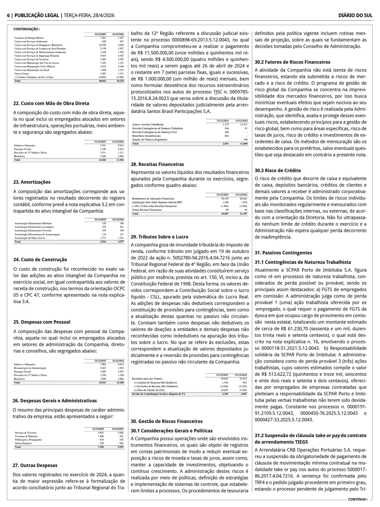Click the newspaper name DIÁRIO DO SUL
pyautogui.click(x=355, y=15)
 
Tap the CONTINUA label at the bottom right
pyautogui.click(x=358, y=499)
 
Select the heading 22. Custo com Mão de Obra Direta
pyautogui.click(x=51, y=103)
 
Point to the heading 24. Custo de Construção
pyautogui.click(x=40, y=260)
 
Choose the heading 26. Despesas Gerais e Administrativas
pyautogui.click(x=55, y=401)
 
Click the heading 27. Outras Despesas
pyautogui.click(x=35, y=465)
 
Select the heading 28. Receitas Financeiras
pyautogui.click(x=157, y=165)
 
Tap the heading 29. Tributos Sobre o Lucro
pyautogui.click(x=159, y=237)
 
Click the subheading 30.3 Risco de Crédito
pyautogui.click(x=277, y=171)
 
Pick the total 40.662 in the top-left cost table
pyautogui.click(x=102, y=81)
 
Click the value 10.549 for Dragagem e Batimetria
pyautogui.click(x=102, y=45)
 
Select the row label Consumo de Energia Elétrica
pyautogui.click(x=29, y=38)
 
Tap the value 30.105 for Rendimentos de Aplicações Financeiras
pyautogui.click(x=225, y=198)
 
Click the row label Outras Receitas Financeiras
pyautogui.click(x=147, y=210)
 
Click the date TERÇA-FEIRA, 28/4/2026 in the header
pyautogui.click(x=89, y=15)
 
